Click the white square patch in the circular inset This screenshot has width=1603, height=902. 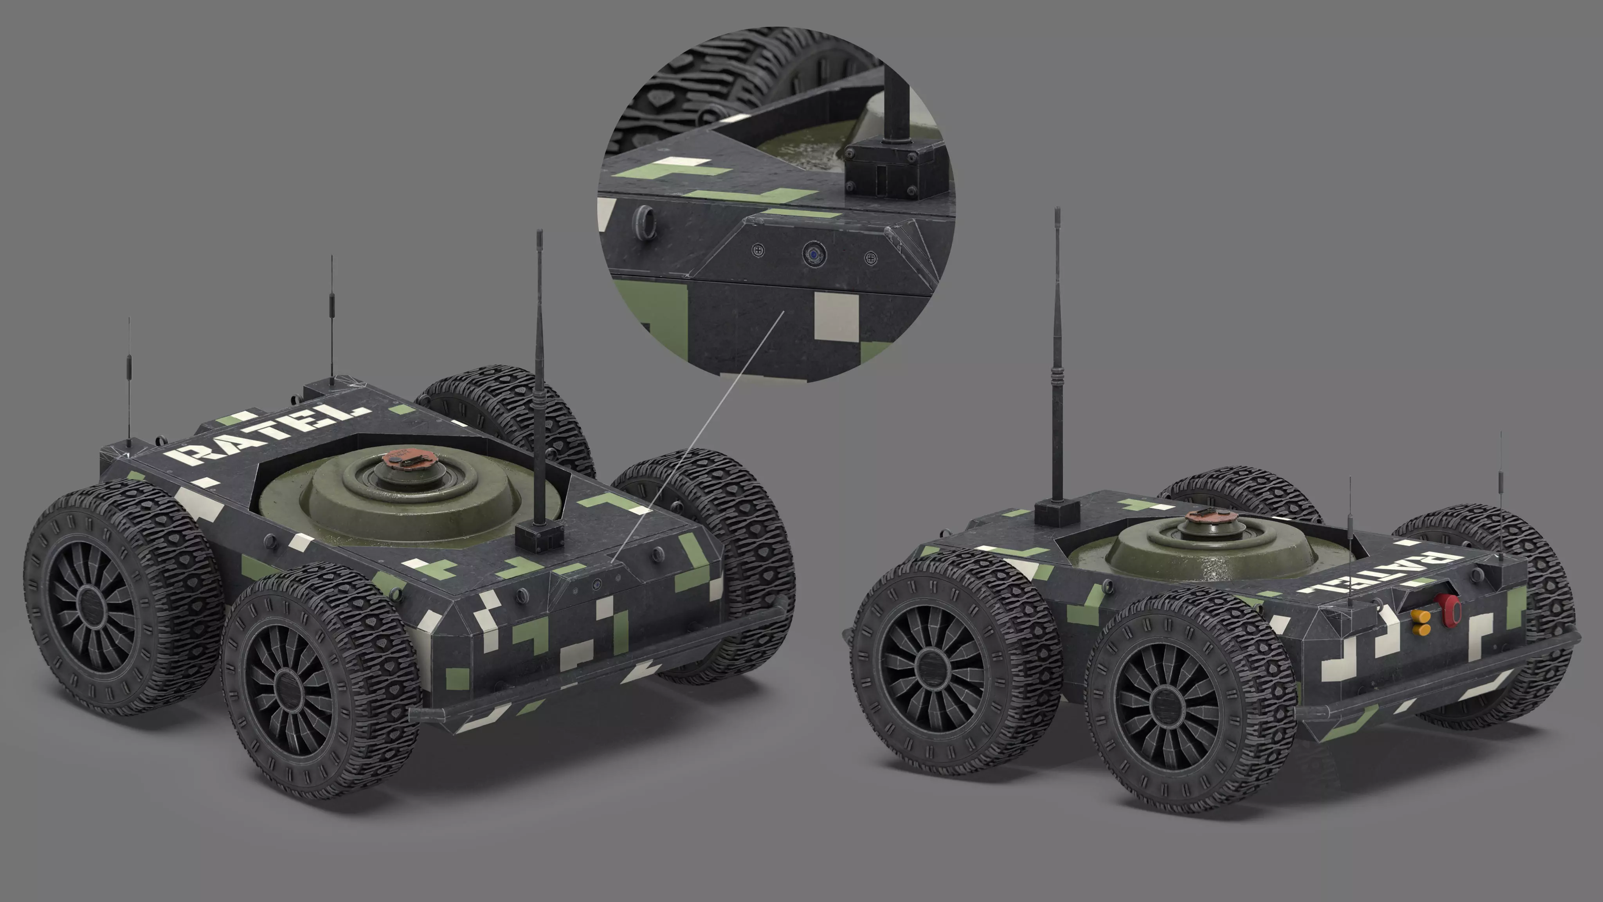point(836,318)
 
